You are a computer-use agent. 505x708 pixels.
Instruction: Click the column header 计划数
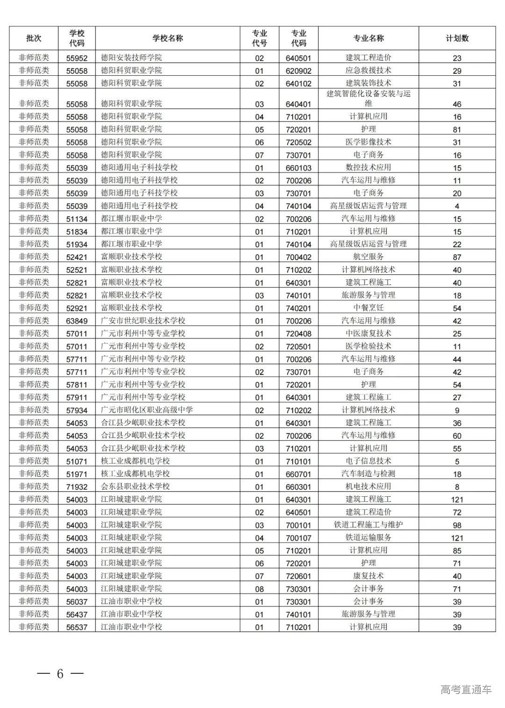457,38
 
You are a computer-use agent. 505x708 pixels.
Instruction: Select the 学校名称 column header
167,38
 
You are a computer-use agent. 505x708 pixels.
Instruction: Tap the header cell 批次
34,38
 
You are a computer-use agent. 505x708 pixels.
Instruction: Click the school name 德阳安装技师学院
131,58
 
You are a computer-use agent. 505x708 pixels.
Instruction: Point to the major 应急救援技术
368,71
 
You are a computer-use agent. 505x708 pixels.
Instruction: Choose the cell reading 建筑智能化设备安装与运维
368,98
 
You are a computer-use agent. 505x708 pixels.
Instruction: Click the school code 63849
77,321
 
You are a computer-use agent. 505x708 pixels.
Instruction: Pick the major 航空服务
368,257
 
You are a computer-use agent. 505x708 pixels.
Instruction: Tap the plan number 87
457,257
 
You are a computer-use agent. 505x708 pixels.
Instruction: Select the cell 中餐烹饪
368,308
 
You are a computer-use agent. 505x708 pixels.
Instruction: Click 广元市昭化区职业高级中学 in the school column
147,410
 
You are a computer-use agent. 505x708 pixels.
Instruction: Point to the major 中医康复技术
368,334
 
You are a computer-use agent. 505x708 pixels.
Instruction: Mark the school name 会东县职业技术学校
135,486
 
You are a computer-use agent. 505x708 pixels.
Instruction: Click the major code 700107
298,538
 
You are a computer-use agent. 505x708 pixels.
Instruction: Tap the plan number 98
457,525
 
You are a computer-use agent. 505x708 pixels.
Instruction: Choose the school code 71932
77,487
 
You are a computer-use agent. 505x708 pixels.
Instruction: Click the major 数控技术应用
368,167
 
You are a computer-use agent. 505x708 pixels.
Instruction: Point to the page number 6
60,674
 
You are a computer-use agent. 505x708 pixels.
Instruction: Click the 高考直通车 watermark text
466,689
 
